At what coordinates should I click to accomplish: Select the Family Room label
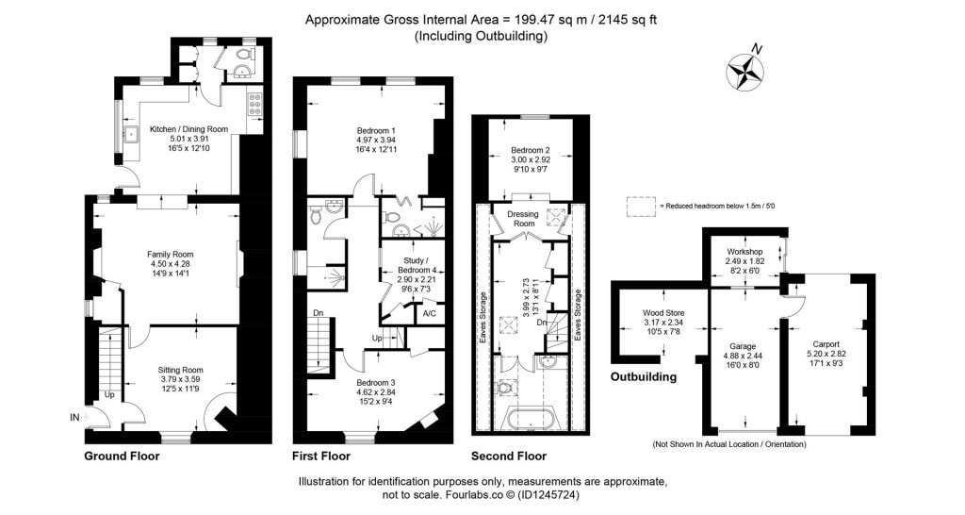[x=170, y=254]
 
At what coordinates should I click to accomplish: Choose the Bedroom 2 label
[x=531, y=150]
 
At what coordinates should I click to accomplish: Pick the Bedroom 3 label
[x=376, y=383]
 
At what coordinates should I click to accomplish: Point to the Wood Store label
[x=663, y=312]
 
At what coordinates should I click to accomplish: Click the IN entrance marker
[x=74, y=416]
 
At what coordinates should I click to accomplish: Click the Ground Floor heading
[x=122, y=456]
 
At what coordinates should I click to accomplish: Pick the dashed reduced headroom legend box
[x=641, y=205]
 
